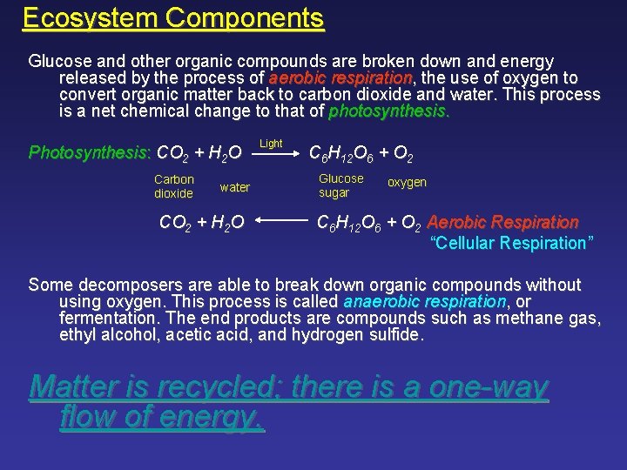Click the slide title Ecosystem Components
pyautogui.click(x=173, y=17)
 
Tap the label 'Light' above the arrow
pyautogui.click(x=271, y=143)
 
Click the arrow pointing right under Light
pyautogui.click(x=273, y=157)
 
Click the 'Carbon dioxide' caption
pyautogui.click(x=173, y=186)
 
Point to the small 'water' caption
pyautogui.click(x=235, y=187)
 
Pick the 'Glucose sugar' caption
pyautogui.click(x=340, y=185)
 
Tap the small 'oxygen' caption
pyautogui.click(x=407, y=183)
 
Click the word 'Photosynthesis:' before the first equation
pyautogui.click(x=90, y=153)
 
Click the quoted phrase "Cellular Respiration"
pyautogui.click(x=513, y=243)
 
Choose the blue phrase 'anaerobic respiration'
pyautogui.click(x=424, y=301)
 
